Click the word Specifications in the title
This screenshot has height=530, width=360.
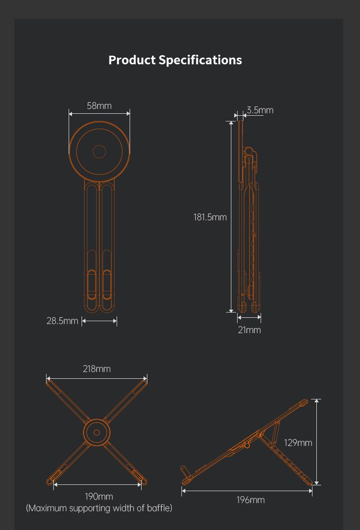coord(200,60)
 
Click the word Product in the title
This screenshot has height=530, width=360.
coord(132,60)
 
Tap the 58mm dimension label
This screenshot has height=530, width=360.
coord(99,106)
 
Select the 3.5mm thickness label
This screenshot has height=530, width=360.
coord(260,110)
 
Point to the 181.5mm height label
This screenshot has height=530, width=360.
coord(210,217)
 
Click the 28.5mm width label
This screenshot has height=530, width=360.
coord(62,321)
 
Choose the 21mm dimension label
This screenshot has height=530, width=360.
coord(249,330)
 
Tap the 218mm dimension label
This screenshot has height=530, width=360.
coord(96,369)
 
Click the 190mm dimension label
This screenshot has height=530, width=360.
coord(99,496)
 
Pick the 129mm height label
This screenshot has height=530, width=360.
coord(298,443)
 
